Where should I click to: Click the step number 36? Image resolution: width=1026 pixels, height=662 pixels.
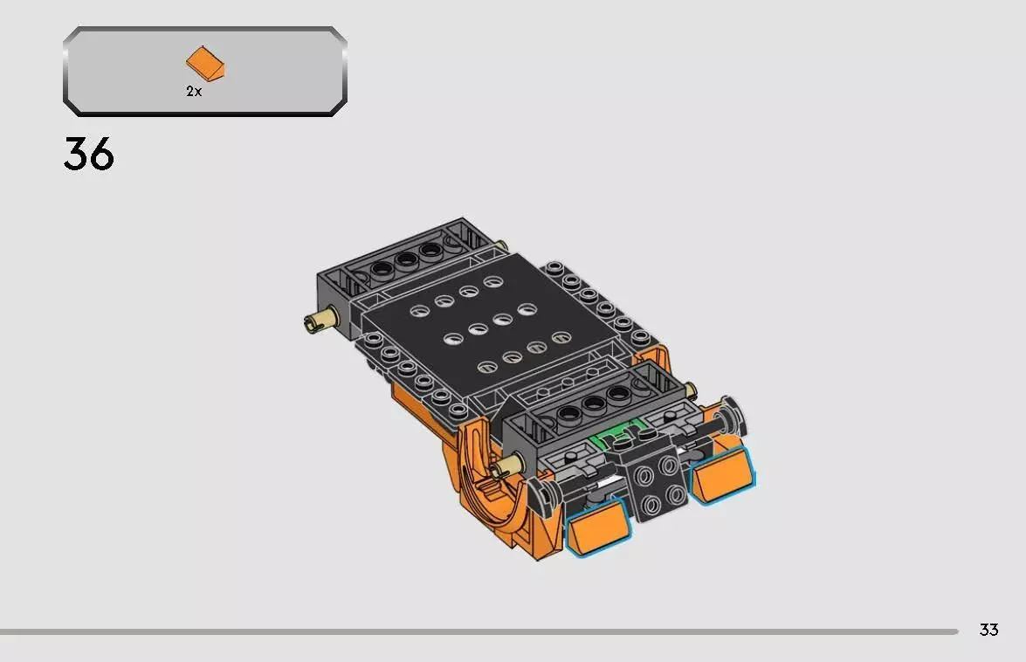pyautogui.click(x=88, y=155)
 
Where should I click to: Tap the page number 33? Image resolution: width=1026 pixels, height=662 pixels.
pyautogui.click(x=988, y=630)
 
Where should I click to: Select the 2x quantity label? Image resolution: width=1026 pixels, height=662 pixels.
pyautogui.click(x=194, y=92)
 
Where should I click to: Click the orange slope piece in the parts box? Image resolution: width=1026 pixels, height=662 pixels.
pyautogui.click(x=204, y=64)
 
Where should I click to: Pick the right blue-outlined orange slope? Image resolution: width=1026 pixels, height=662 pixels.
pyautogui.click(x=723, y=472)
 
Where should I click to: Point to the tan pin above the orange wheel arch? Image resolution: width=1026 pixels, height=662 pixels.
pyautogui.click(x=504, y=471)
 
